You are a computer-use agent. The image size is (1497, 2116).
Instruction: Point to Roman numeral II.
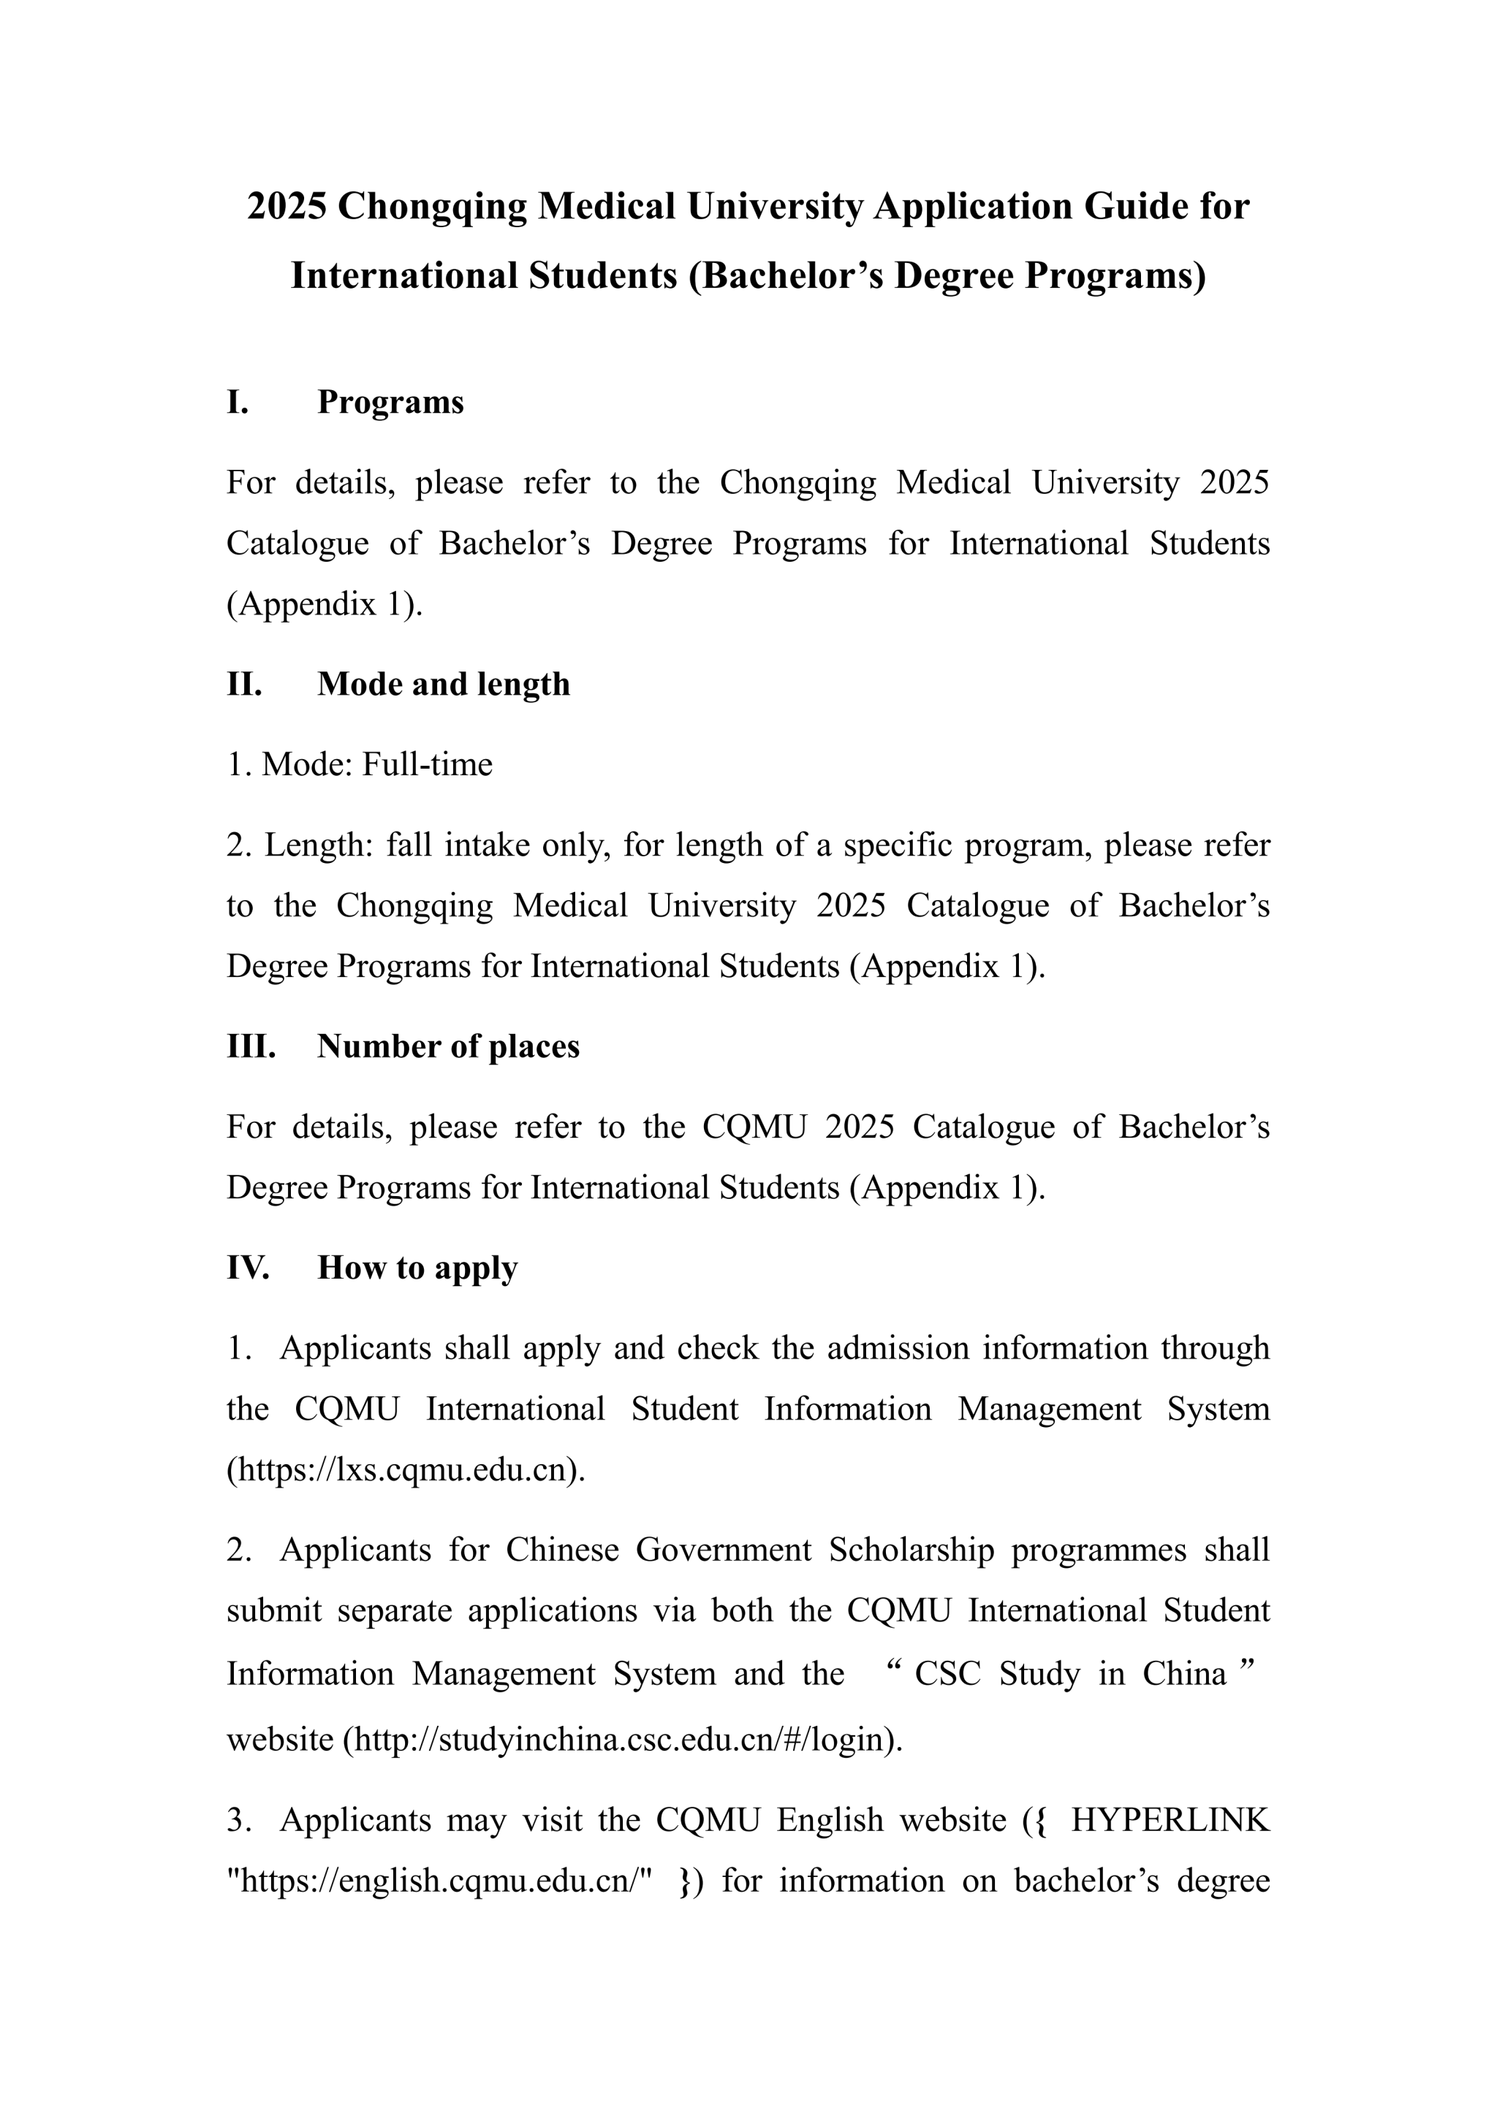[x=244, y=685]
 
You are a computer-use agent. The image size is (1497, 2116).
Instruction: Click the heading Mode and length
[x=444, y=685]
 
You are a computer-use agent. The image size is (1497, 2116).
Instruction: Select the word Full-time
[x=427, y=765]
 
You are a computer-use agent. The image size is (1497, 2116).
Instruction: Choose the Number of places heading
[x=448, y=1047]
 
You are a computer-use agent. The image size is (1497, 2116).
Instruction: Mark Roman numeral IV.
[x=248, y=1268]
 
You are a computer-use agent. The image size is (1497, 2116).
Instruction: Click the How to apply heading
[x=417, y=1268]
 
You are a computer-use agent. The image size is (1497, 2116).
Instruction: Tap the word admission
[x=897, y=1348]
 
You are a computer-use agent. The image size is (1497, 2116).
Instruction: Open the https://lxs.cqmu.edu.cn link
[x=406, y=1470]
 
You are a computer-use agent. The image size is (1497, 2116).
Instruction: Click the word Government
[x=724, y=1550]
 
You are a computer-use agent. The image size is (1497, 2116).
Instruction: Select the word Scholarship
[x=911, y=1550]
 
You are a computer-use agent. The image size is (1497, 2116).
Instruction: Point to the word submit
[x=274, y=1611]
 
